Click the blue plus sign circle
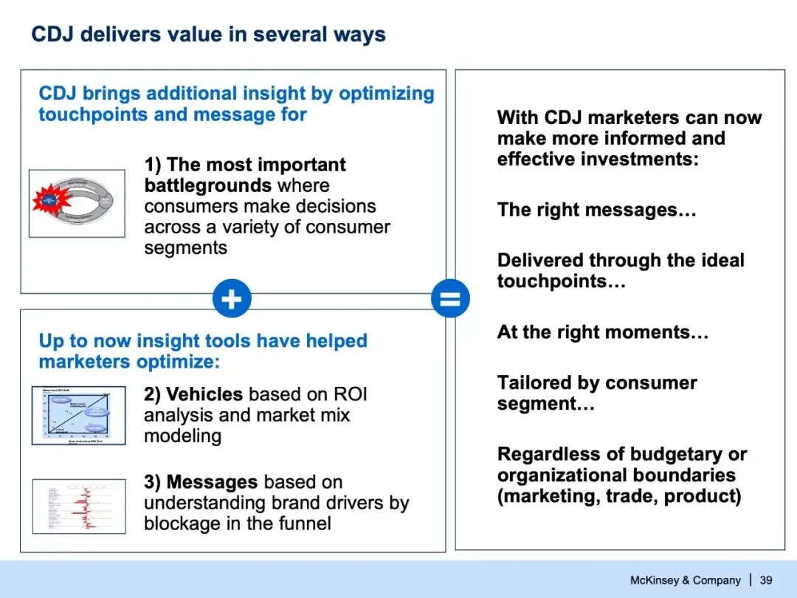pos(232,299)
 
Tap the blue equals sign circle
pos(450,299)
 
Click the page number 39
pos(766,580)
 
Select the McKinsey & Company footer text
pos(684,580)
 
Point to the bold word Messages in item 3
pos(212,482)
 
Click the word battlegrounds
pos(207,185)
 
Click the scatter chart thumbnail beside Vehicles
pos(78,415)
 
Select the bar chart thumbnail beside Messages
pos(78,506)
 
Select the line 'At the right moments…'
pos(602,332)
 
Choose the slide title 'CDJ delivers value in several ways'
pos(208,34)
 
